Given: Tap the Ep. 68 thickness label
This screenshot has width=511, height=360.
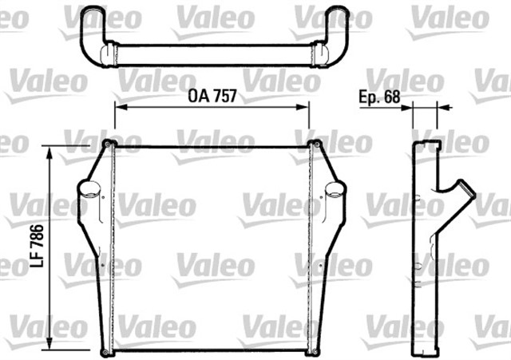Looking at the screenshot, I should click(x=378, y=97).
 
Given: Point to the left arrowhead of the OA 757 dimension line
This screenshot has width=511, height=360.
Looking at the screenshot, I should click(x=118, y=106).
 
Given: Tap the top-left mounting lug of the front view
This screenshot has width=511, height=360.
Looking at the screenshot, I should click(x=108, y=144).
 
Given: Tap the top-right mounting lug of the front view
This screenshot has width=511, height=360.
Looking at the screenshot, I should click(x=316, y=144).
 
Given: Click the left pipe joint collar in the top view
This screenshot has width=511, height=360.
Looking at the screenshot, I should click(x=107, y=54).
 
